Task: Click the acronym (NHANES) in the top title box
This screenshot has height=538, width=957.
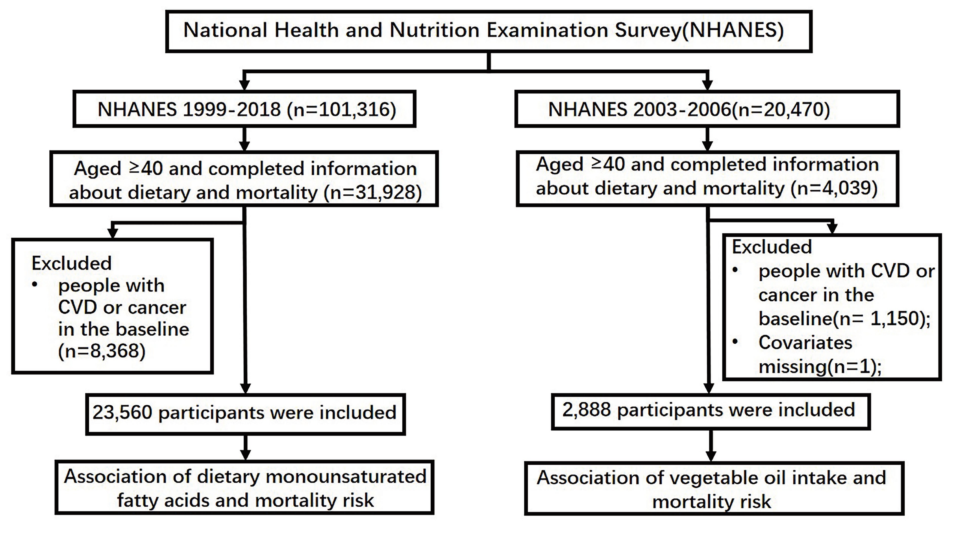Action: point(732,30)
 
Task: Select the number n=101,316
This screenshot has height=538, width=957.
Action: point(342,110)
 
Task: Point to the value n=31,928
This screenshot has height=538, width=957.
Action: point(373,193)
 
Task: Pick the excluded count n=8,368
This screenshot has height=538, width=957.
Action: point(102,351)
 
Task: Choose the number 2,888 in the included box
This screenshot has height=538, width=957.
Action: point(587,409)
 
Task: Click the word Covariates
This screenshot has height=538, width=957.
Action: point(805,342)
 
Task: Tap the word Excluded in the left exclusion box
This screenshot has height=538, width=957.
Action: point(71,263)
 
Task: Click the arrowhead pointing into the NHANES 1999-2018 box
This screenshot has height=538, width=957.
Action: point(244,85)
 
